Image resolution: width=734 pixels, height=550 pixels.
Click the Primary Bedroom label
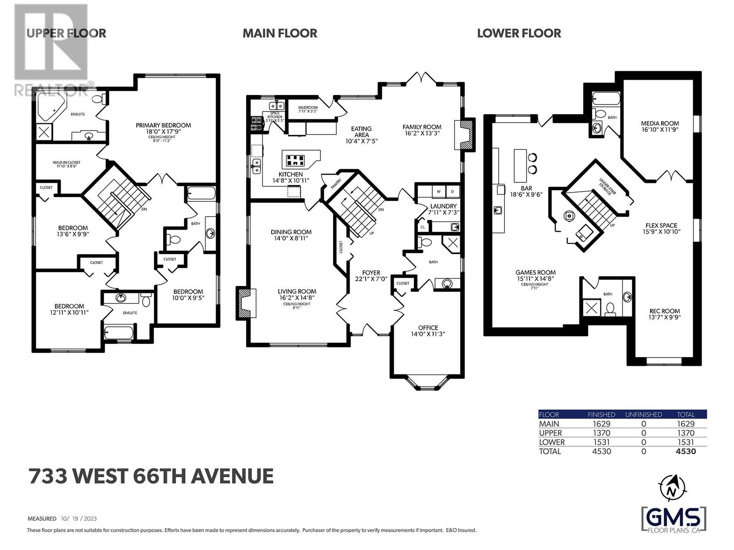[163, 125]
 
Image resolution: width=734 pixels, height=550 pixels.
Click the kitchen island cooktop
[295, 160]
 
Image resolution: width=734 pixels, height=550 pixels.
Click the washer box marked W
[438, 191]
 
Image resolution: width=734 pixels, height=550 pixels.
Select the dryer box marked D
[452, 191]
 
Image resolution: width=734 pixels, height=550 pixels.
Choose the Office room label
[428, 328]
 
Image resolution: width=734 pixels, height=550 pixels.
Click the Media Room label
[660, 123]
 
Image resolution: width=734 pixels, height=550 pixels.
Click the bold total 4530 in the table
[686, 451]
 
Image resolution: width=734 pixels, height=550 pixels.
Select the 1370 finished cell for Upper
[601, 433]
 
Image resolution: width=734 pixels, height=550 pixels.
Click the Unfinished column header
[643, 414]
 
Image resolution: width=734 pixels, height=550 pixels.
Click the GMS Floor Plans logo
[673, 519]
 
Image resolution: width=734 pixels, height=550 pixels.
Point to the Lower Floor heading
[519, 33]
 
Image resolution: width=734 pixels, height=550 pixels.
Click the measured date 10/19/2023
[78, 519]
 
